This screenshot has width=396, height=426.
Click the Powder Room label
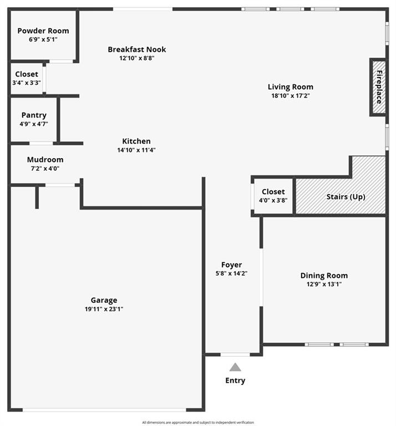(43, 31)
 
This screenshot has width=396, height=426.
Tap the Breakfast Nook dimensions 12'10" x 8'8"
(137, 58)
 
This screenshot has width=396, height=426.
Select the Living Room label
(291, 87)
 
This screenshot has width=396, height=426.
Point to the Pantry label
(34, 115)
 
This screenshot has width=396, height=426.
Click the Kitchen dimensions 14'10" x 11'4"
(136, 150)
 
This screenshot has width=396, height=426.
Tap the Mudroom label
(45, 160)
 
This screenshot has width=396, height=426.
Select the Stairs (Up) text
(346, 197)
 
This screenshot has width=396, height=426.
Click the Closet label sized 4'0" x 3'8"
(273, 191)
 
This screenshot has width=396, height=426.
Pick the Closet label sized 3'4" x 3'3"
(27, 74)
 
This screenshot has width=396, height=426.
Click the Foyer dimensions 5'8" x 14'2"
(231, 273)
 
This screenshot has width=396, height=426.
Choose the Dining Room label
(324, 276)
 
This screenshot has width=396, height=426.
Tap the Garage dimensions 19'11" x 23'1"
(104, 309)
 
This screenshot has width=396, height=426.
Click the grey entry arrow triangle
(235, 367)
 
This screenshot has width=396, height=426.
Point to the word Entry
(235, 381)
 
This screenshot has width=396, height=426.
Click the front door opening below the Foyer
(235, 354)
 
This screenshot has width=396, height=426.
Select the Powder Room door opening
(61, 62)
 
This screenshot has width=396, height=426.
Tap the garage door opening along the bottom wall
(104, 410)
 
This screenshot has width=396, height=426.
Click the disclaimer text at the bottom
(198, 423)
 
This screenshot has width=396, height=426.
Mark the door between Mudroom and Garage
(60, 185)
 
